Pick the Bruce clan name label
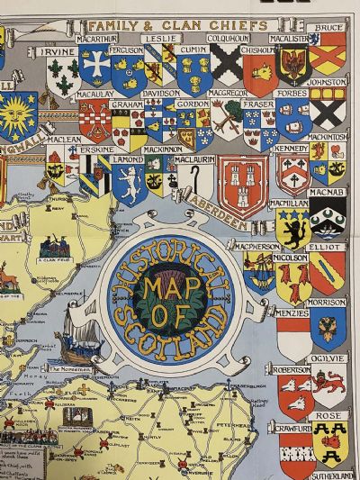(332, 28)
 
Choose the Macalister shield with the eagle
(292, 65)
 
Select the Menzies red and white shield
(292, 337)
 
